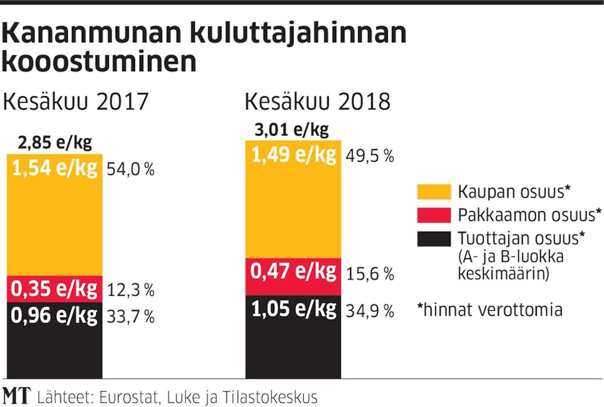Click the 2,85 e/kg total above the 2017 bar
coord(55,143)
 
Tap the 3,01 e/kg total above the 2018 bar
coord(292,128)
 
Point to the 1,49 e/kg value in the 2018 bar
coord(293,155)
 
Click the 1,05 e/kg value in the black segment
coord(293,310)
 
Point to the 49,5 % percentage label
coord(370,156)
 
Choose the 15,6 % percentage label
coord(370,274)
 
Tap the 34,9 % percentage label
coord(370,311)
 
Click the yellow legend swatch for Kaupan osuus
coord(434,192)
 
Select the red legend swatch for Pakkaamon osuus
coord(434,215)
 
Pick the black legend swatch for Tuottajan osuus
coord(434,239)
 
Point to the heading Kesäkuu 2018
coord(317,102)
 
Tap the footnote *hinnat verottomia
coord(490,310)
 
